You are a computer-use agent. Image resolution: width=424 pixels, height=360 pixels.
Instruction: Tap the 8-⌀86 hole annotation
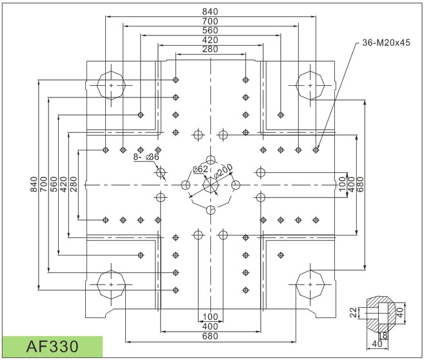[146, 157]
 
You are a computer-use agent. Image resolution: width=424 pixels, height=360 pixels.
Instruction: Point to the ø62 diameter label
[201, 169]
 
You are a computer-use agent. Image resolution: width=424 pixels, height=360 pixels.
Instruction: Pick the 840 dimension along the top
[210, 12]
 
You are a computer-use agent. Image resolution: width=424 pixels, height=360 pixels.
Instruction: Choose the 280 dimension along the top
[210, 49]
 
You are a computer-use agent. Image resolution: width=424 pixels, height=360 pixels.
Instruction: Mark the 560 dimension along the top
[210, 30]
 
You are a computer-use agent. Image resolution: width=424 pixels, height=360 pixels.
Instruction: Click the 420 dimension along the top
[210, 40]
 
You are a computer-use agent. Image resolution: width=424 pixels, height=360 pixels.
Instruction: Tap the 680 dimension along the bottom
[210, 336]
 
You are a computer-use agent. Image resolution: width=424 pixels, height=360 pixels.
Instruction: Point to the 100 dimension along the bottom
[210, 317]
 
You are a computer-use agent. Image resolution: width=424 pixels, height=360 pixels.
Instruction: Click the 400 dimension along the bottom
[210, 326]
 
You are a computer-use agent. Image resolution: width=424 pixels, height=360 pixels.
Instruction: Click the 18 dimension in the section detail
[384, 335]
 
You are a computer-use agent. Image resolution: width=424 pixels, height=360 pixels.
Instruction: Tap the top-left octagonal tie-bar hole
[112, 85]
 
